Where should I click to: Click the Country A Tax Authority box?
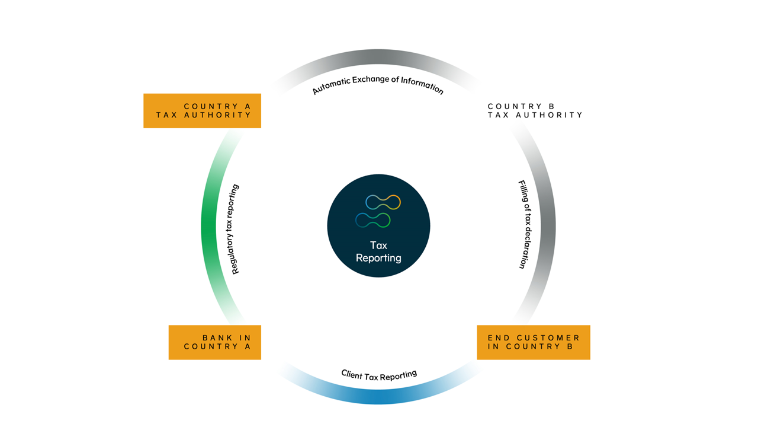202,111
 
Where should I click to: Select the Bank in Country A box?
214,342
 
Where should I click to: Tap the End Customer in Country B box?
533,342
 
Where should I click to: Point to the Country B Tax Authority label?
535,111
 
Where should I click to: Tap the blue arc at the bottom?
378,396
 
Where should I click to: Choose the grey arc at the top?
378,57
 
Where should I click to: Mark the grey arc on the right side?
549,226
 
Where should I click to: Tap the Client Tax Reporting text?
379,375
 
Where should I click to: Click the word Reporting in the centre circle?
378,258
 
